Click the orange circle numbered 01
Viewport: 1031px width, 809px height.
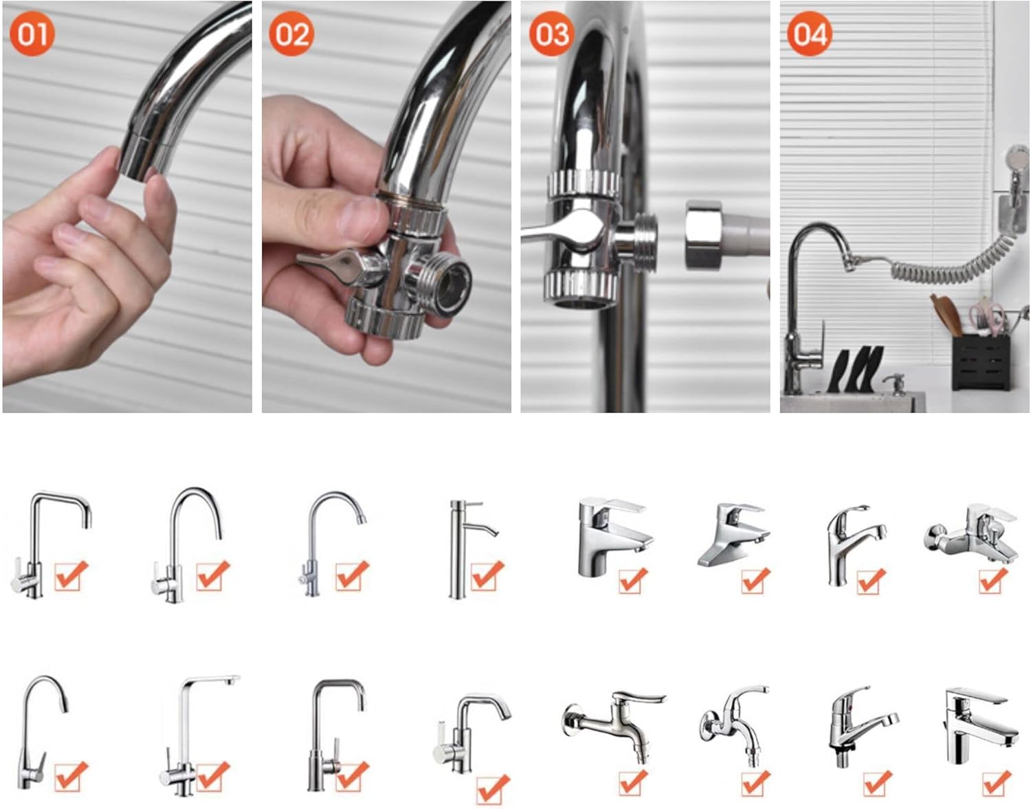(x=32, y=34)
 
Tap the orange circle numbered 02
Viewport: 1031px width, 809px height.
(x=291, y=34)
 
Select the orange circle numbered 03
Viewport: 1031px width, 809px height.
(x=551, y=34)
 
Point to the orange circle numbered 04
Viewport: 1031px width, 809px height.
(x=809, y=34)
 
